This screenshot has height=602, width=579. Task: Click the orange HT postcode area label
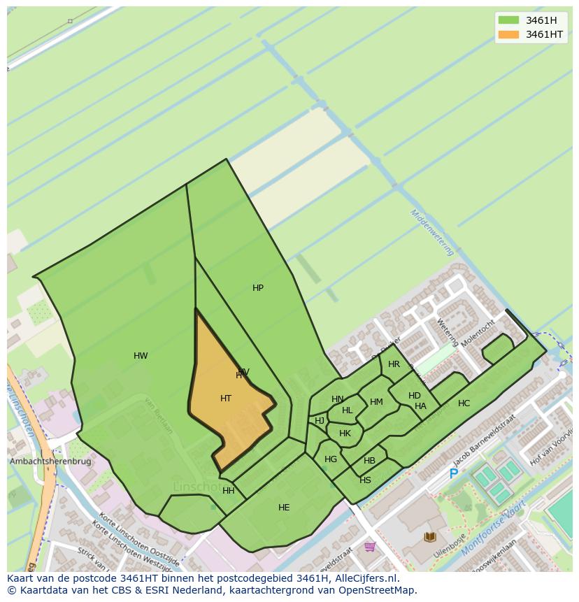coord(225,399)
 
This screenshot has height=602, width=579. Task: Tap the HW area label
coord(141,356)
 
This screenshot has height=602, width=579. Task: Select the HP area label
coord(258,288)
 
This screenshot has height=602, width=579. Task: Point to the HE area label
coord(284,508)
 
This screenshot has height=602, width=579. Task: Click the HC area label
coord(464,403)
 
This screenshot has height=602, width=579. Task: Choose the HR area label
coord(394,364)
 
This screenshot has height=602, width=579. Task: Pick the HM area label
coord(376,402)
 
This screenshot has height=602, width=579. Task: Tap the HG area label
coord(331,459)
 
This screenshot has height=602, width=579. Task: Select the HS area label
coord(365,480)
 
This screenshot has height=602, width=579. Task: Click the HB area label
coord(369,461)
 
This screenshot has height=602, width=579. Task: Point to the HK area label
coord(345,433)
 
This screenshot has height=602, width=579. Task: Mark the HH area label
coord(229,491)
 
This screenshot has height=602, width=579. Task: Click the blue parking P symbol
coord(453,474)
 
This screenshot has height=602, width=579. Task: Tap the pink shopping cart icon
coord(369,547)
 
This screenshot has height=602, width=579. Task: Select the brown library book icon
coord(429,537)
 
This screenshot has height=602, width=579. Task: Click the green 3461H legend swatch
coord(508,20)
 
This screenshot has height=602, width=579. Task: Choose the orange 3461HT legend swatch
coord(508,34)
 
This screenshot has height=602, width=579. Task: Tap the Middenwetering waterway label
coord(432,232)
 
